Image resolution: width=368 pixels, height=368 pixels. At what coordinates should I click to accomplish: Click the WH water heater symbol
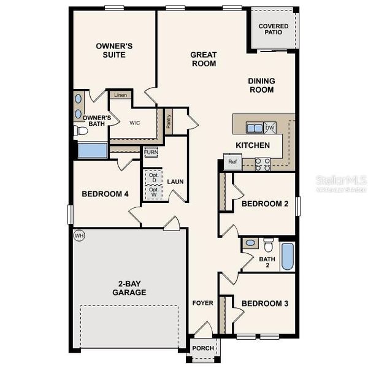79,236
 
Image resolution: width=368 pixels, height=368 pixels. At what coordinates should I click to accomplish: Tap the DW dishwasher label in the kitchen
270,128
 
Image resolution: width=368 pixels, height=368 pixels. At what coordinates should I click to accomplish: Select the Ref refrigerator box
232,163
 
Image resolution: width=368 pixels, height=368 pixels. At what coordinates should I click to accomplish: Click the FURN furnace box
151,152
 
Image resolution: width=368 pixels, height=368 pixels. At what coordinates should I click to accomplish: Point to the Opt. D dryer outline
154,177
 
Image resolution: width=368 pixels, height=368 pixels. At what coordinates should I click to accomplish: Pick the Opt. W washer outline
154,192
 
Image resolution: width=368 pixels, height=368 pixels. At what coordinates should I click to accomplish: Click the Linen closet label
120,96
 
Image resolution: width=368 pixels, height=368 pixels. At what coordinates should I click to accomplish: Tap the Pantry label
168,120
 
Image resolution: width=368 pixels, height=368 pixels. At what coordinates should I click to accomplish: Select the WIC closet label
135,123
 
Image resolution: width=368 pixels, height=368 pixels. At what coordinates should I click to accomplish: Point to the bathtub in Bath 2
287,256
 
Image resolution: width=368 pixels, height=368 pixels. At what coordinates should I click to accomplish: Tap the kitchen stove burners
262,163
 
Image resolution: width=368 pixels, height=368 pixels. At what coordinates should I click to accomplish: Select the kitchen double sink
254,128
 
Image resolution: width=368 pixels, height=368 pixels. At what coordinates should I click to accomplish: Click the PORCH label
203,348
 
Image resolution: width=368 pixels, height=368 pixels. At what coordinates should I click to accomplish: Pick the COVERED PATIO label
274,29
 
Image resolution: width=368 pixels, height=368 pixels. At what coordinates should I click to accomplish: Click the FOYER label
203,303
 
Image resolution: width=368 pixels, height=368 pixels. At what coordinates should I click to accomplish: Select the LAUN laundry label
175,182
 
